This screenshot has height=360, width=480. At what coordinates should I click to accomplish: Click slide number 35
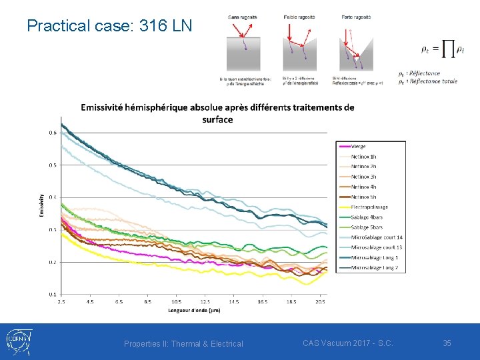[447, 343]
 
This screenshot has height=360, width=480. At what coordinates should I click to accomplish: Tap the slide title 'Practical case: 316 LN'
[109, 26]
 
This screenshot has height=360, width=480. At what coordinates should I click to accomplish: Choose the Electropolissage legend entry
[369, 207]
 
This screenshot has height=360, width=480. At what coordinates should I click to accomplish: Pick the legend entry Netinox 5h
[363, 197]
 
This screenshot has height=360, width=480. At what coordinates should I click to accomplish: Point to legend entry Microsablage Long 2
[374, 268]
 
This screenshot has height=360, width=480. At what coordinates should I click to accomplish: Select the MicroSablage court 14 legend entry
[377, 237]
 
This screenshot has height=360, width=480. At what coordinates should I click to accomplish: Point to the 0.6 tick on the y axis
[52, 133]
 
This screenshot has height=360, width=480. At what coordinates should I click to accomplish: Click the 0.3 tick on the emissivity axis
[52, 230]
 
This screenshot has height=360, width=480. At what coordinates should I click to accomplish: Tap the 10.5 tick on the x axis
[176, 302]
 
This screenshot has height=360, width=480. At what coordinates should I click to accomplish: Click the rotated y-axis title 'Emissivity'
[41, 205]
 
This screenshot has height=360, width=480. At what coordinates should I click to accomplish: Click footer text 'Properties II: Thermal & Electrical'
[183, 344]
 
